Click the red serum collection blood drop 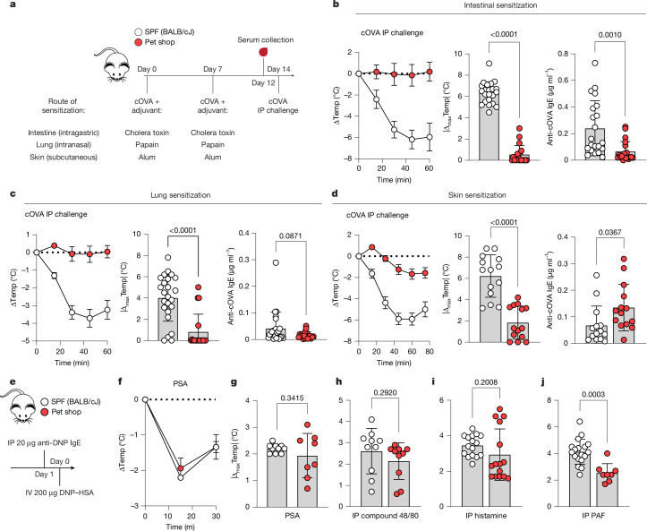coord(263,52)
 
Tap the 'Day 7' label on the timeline coord(212,69)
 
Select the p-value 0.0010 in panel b coord(610,35)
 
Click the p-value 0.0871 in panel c coord(291,236)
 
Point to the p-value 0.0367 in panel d coord(610,232)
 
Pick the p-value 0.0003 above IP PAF coord(593,394)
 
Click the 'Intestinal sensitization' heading coord(500,5)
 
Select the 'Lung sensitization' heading coord(180,195)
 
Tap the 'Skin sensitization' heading coord(477,194)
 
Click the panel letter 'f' coord(120,381)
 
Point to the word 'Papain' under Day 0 coord(147,144)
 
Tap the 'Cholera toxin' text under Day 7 coord(212,133)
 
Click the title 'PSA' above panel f coord(180,383)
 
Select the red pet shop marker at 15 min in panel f coord(180,468)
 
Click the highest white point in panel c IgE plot coord(276,262)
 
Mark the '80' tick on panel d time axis coord(430,351)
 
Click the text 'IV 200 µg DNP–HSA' coord(50,492)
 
